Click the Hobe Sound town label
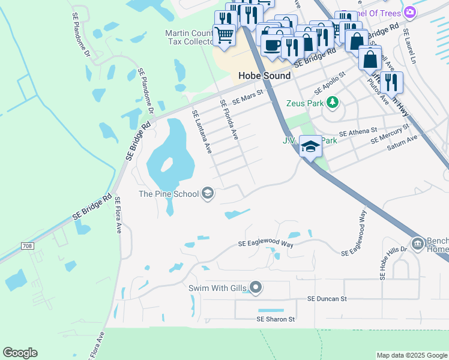click(264, 76)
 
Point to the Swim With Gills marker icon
click(256, 288)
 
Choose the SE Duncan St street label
click(327, 298)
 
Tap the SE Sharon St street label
click(276, 319)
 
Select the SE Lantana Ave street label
click(202, 131)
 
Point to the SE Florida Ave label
click(230, 120)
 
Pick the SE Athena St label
click(358, 131)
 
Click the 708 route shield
click(27, 246)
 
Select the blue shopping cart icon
click(224, 35)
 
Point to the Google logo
click(20, 353)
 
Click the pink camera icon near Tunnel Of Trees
click(409, 12)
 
